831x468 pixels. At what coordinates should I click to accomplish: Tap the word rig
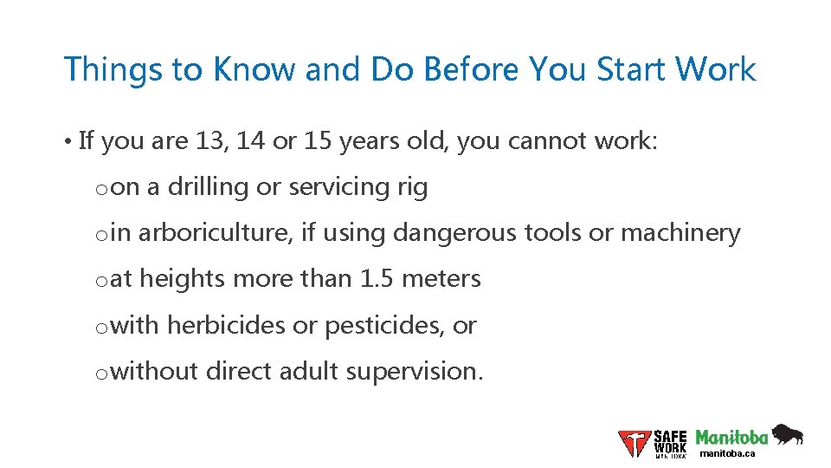pos(410,187)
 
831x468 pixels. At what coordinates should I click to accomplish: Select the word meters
pos(441,279)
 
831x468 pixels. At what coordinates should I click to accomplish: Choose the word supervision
pos(415,372)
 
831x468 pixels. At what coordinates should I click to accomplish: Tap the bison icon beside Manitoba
pos(787,434)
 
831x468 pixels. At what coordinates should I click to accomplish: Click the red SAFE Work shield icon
pos(635,443)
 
